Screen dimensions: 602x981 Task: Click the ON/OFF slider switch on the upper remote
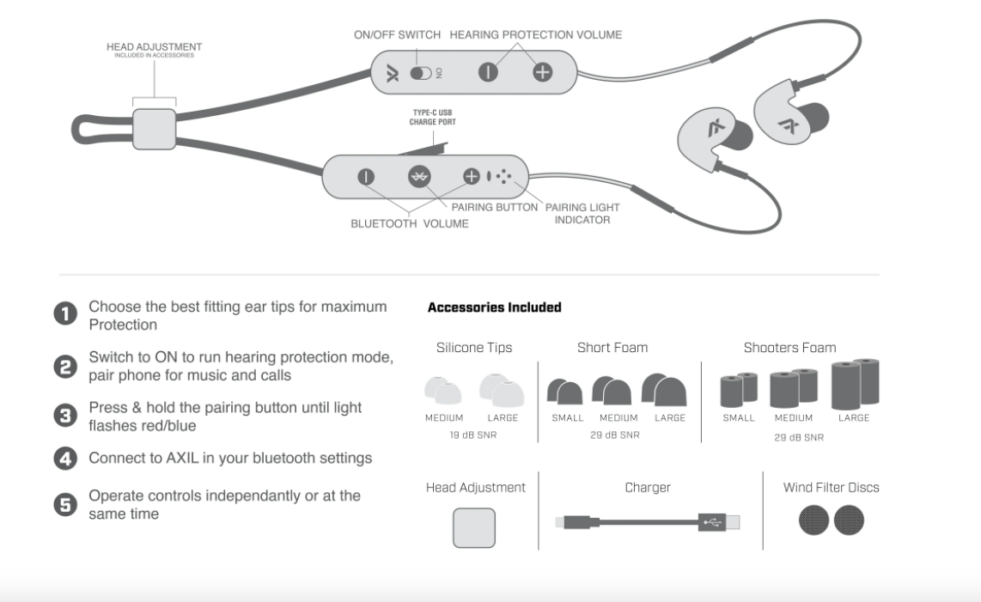tap(421, 73)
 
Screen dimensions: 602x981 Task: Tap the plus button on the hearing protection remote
tap(541, 73)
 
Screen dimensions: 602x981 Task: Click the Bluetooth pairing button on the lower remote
tap(418, 176)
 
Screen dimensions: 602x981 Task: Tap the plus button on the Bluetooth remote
tap(471, 176)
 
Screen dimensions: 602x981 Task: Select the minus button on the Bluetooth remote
tap(366, 176)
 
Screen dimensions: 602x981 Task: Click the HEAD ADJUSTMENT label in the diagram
tap(155, 45)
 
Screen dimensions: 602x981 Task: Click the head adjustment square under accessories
tap(473, 527)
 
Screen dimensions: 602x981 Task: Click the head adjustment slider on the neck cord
tap(155, 125)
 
